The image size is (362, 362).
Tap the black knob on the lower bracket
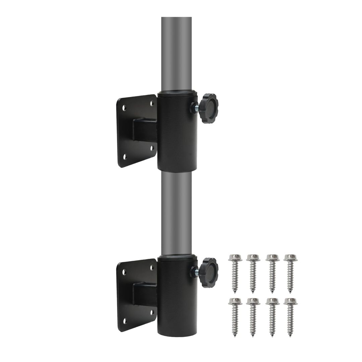208,272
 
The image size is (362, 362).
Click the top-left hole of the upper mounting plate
124,108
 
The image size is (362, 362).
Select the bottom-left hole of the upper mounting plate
125,157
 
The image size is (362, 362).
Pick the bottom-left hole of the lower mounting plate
125,321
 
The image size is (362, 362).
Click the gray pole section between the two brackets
176,213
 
